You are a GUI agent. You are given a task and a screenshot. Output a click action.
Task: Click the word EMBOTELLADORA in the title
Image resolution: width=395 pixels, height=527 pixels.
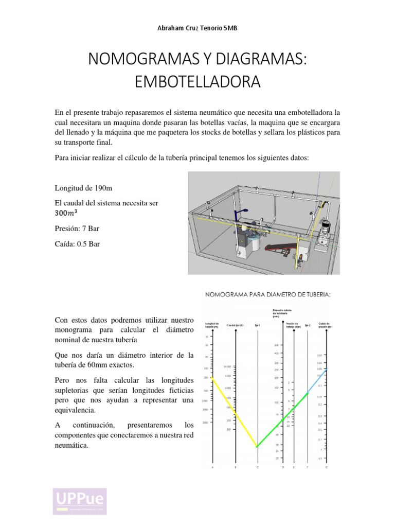tap(197, 82)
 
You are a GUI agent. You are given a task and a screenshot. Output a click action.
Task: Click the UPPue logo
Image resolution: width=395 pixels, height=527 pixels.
tap(80, 501)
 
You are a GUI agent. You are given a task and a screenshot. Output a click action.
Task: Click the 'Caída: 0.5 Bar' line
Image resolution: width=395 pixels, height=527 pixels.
tap(77, 244)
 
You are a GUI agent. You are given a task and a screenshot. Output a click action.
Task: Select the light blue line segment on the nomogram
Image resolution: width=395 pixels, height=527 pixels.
tap(317, 381)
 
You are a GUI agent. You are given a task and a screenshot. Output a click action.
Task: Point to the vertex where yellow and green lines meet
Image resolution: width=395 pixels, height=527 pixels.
tap(257, 447)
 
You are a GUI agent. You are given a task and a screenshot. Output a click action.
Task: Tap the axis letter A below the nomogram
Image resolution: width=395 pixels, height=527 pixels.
tap(212, 467)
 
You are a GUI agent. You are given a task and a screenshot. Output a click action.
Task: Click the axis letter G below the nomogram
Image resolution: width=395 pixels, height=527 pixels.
tap(326, 467)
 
